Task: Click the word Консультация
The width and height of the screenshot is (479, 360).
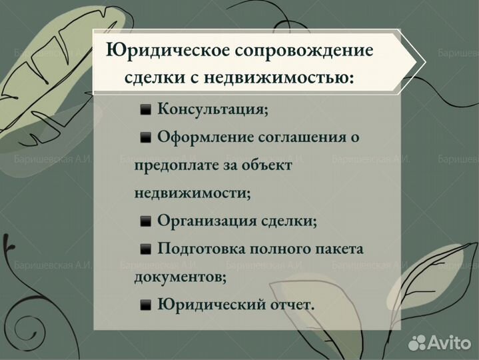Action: [x=213, y=109]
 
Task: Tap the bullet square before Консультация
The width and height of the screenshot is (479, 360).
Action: [x=145, y=110]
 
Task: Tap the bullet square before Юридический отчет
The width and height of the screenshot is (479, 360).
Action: [x=145, y=305]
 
